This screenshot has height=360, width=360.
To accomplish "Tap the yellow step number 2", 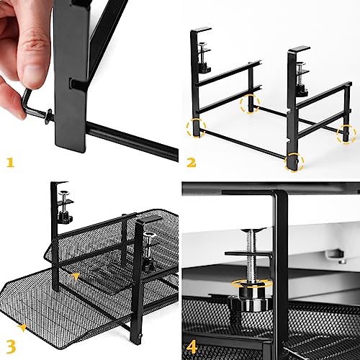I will tap(192, 163).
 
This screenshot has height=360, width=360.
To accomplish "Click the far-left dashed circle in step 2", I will tap(195, 129).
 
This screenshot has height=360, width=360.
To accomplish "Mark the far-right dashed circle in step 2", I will tap(347, 132).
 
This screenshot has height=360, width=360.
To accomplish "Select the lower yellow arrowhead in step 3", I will tap(24, 328).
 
